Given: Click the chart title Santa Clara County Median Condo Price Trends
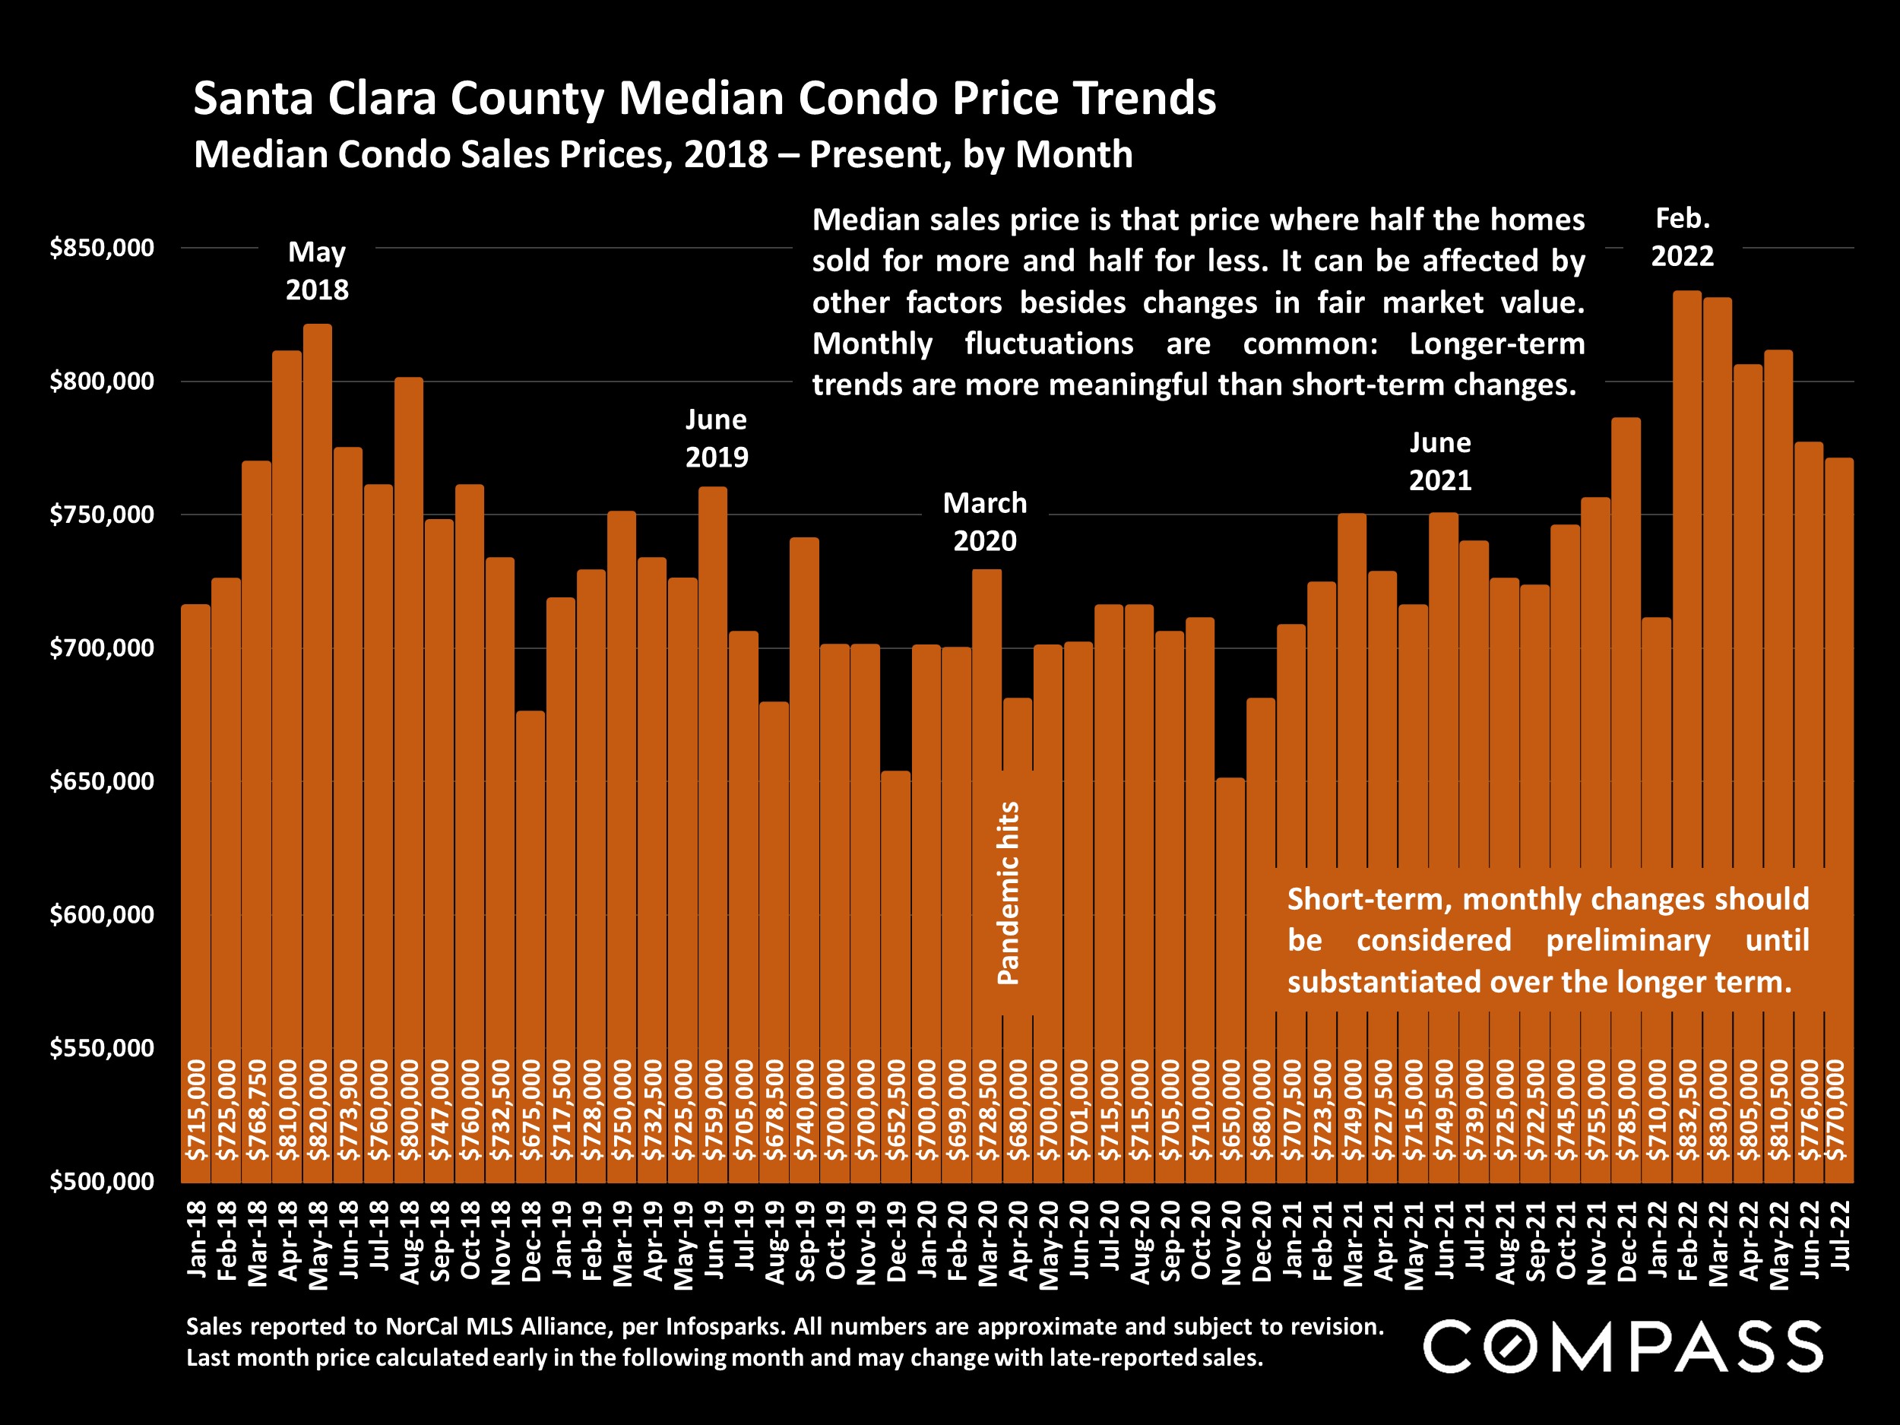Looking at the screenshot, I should point(705,98).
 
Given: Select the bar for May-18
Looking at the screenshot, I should point(318,687).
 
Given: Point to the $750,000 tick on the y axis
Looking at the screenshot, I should point(101,515).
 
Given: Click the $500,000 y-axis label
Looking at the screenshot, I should point(101,1181).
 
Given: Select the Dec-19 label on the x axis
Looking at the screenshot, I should point(896,1242).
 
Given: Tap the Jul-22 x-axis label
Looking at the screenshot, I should point(1840,1236).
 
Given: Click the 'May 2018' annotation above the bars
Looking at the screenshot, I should point(317,271).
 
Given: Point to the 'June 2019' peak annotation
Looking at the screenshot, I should point(717,438).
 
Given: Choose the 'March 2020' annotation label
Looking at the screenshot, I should point(984,521).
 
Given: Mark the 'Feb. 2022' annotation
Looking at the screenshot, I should point(1682,237).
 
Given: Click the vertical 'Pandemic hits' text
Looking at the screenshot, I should point(1008,893).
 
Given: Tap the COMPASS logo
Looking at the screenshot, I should point(1623,1347).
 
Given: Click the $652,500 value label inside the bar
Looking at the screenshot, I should point(897,1110).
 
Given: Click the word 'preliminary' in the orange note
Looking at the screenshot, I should point(1628,941).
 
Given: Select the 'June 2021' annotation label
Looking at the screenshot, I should point(1439,461).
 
